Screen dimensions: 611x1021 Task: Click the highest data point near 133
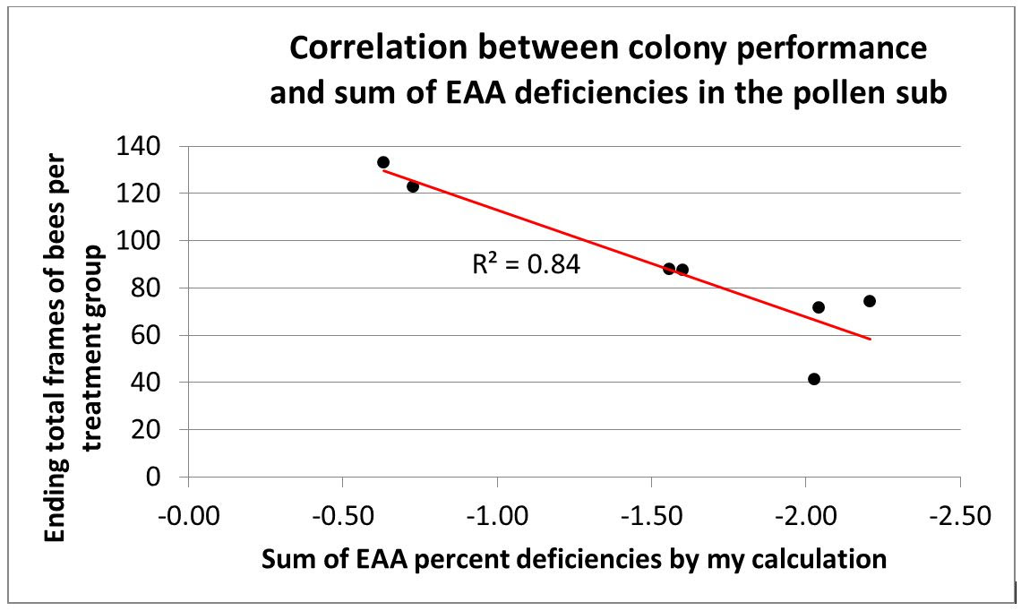(383, 162)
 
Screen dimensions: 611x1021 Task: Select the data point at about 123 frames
(413, 186)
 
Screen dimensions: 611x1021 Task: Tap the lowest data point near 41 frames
(814, 379)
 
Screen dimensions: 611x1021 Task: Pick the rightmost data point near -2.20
(870, 301)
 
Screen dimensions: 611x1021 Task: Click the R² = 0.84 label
(526, 264)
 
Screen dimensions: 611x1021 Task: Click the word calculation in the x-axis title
(828, 560)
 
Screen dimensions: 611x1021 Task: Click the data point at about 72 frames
(819, 307)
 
